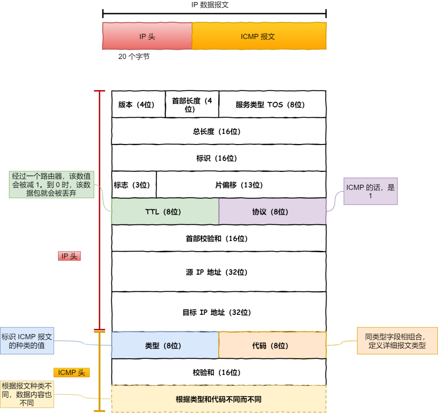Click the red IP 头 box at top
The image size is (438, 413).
(147, 36)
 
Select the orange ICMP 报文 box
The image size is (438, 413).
(259, 36)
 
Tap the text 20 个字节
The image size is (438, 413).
(134, 57)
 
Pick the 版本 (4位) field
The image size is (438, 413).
(138, 104)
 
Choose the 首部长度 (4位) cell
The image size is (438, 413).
(192, 104)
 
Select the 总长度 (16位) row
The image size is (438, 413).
(219, 131)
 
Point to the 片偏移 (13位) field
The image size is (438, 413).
(241, 185)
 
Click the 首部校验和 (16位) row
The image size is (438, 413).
(219, 239)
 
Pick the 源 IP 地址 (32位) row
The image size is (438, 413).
(219, 272)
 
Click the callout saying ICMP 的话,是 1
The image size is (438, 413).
(370, 191)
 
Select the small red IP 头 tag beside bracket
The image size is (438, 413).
(69, 256)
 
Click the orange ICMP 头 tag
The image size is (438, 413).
(71, 372)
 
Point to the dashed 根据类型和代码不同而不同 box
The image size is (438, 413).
(219, 399)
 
